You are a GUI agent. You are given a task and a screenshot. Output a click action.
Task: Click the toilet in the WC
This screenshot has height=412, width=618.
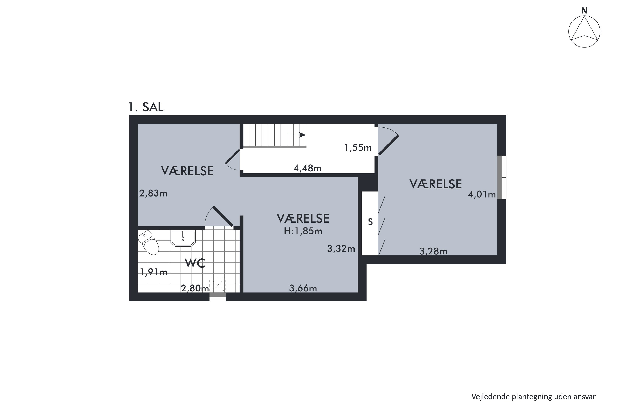click(x=149, y=243)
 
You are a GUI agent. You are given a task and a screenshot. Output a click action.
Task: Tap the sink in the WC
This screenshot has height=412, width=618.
click(x=183, y=238)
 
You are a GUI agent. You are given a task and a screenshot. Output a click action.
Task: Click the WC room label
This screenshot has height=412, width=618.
click(x=195, y=263)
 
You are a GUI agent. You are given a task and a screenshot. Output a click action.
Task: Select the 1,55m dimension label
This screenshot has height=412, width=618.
click(x=358, y=148)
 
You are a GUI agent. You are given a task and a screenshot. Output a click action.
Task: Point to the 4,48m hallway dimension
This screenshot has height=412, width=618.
click(x=307, y=168)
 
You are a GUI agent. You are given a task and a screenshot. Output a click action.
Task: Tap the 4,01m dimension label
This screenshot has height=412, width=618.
click(x=482, y=194)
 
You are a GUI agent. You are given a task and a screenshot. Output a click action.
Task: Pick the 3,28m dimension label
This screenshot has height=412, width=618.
click(x=433, y=252)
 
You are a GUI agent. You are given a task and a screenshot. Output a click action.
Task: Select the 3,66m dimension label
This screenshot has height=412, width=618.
click(x=303, y=289)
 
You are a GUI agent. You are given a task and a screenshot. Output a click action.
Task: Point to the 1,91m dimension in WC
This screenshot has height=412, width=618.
click(x=153, y=272)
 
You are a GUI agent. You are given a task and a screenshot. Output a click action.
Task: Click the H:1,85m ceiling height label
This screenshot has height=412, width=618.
click(x=303, y=231)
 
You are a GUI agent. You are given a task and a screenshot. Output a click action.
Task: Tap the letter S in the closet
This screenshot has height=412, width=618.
click(x=370, y=222)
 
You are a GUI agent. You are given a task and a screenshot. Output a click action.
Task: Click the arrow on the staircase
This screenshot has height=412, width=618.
click(x=297, y=135)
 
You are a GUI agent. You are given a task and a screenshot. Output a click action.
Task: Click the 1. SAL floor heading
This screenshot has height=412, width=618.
click(x=146, y=107)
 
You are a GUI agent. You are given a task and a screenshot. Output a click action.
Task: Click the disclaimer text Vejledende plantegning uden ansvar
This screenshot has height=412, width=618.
click(x=533, y=397)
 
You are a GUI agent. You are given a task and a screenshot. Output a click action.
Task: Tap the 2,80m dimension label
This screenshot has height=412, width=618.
click(x=195, y=289)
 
